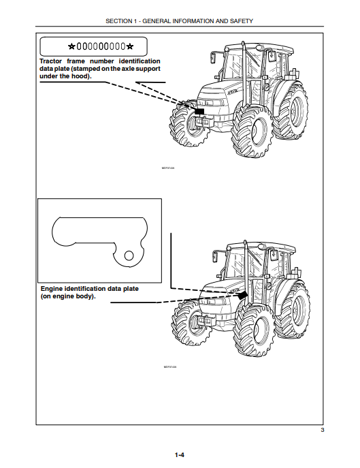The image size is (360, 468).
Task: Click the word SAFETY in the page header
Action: (x=240, y=21)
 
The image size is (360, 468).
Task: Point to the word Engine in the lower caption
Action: (x=54, y=288)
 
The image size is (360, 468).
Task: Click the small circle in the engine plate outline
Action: (x=127, y=255)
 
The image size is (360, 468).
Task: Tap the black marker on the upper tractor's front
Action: (x=199, y=110)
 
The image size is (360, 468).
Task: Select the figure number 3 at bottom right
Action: (x=322, y=431)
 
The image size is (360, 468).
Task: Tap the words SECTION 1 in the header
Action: (x=122, y=21)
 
